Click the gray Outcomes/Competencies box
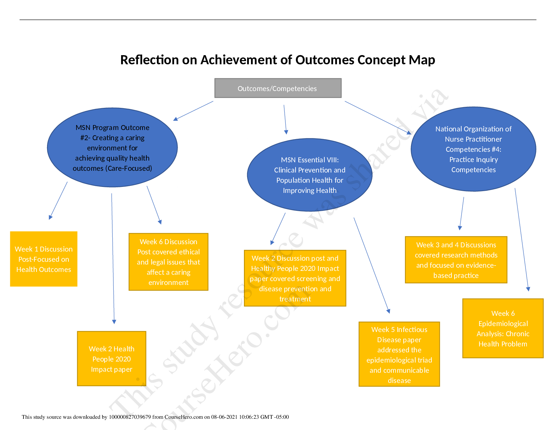point(278,88)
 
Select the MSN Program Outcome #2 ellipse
point(112,148)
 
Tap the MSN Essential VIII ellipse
point(310,175)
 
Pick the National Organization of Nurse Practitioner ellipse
point(473,149)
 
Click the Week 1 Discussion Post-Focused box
point(44,259)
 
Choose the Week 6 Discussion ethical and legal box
point(168,262)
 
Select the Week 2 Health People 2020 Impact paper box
point(112,359)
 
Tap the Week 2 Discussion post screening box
point(295,278)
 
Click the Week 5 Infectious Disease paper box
point(399,354)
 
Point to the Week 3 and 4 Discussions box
point(456,260)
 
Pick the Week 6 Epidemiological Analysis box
point(503,328)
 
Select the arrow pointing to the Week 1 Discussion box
point(58,200)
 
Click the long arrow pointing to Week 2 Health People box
point(113,258)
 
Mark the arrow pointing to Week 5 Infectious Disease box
point(371,265)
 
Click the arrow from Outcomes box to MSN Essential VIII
point(285,119)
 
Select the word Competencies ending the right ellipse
point(474,170)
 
